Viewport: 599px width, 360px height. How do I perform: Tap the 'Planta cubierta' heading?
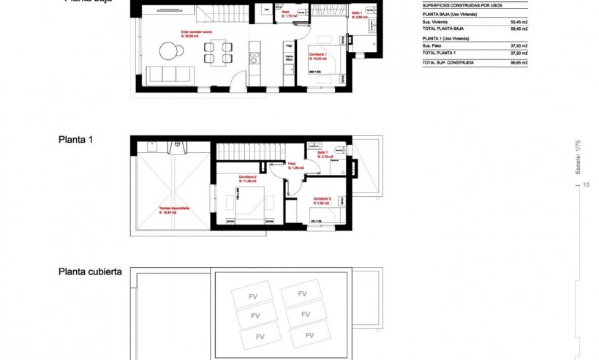pos(90,271)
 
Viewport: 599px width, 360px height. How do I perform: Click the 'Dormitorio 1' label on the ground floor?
pos(317,55)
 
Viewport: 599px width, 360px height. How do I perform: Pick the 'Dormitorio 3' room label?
pos(323,198)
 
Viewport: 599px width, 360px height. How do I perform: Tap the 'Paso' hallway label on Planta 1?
pos(291,165)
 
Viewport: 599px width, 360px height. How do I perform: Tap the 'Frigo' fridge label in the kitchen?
pos(289,45)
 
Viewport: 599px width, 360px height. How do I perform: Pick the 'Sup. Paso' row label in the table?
pos(432,45)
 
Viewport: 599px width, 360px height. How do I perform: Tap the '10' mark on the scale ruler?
pos(587,186)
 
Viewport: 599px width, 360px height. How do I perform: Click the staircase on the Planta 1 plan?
pos(247,152)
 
